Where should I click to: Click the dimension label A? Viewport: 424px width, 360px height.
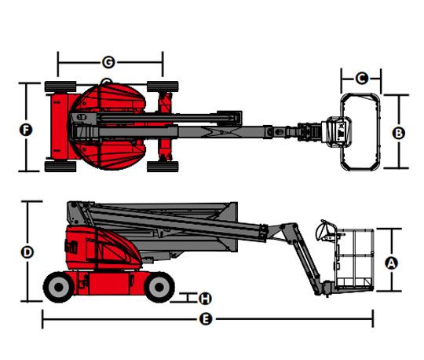click(x=391, y=263)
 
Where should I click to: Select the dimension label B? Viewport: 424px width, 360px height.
click(x=399, y=133)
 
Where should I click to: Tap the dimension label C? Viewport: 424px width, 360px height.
click(x=361, y=79)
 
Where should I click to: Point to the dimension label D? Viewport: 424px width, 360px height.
click(x=27, y=252)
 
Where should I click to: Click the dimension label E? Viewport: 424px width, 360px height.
click(x=206, y=319)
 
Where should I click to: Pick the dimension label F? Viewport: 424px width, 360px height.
click(x=26, y=130)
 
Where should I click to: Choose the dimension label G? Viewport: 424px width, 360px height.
click(x=108, y=62)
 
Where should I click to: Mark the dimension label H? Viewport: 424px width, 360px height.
click(x=205, y=299)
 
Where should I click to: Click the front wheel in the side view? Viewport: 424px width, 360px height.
click(x=159, y=287)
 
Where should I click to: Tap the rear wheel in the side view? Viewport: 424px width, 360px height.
click(x=59, y=287)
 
